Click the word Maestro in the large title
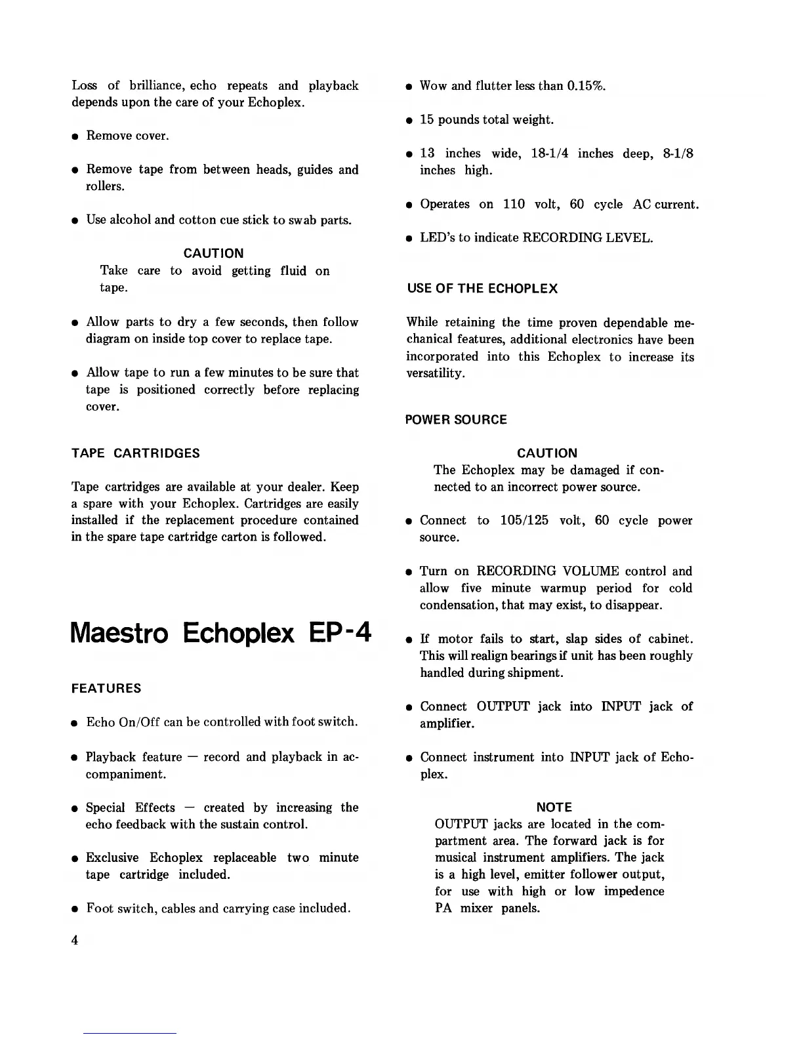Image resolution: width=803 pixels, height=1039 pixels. pyautogui.click(x=119, y=633)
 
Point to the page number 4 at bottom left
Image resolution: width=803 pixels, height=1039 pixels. pyautogui.click(x=75, y=940)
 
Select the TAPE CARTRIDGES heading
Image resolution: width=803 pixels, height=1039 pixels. pyautogui.click(x=135, y=453)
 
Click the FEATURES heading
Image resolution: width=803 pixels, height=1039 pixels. pyautogui.click(x=106, y=689)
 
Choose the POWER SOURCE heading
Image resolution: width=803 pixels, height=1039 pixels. pyautogui.click(x=456, y=420)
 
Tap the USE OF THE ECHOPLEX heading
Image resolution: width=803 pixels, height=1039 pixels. pyautogui.click(x=482, y=289)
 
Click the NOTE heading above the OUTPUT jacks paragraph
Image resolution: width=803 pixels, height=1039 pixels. pyautogui.click(x=554, y=807)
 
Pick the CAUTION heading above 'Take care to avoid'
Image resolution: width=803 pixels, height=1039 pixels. pyautogui.click(x=213, y=253)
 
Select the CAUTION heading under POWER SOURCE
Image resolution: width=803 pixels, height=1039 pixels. pyautogui.click(x=547, y=453)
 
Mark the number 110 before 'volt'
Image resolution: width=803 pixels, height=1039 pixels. pyautogui.click(x=514, y=204)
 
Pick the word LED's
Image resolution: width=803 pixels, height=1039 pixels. pyautogui.click(x=436, y=237)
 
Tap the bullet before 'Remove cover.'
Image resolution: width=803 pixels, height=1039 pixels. pyautogui.click(x=75, y=136)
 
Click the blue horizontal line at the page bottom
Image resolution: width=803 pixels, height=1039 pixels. pyautogui.click(x=130, y=1033)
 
